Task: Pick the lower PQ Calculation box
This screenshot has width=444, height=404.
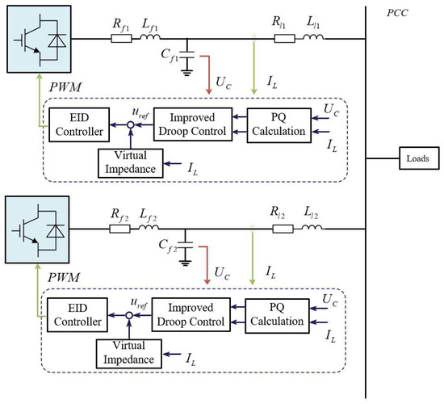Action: tap(275, 315)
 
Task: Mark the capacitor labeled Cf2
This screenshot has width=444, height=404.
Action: tap(187, 245)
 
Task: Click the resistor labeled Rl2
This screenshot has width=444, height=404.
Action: tap(282, 229)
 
